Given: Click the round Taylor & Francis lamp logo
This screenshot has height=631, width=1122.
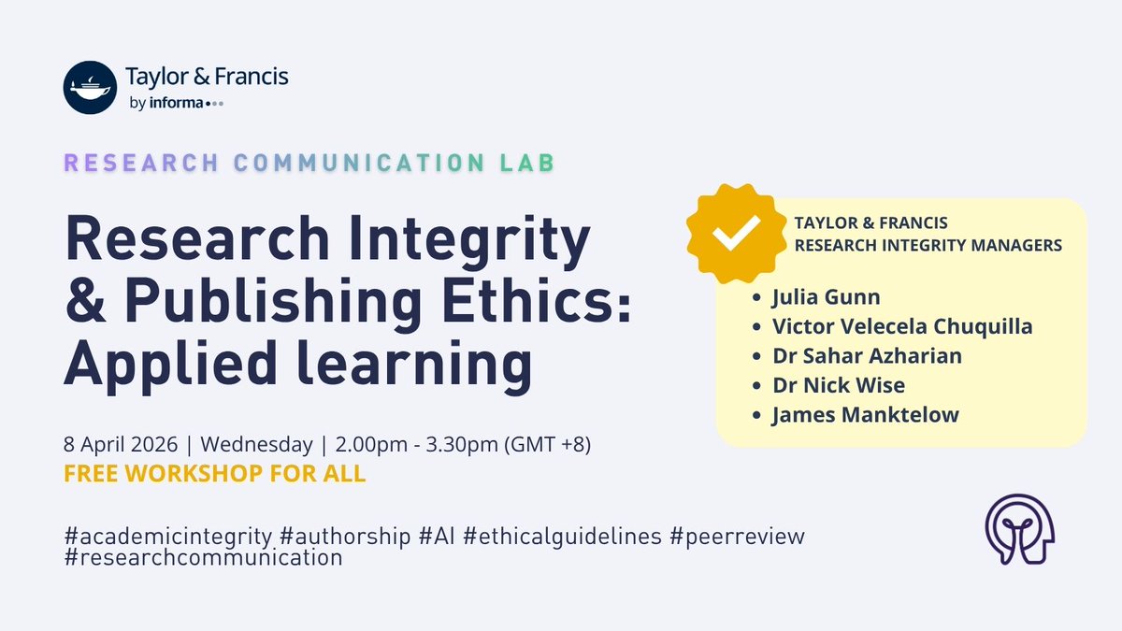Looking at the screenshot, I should click(89, 87).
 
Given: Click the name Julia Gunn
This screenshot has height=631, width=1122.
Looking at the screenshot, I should click(826, 298).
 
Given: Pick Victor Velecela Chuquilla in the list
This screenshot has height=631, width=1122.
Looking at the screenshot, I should click(902, 327).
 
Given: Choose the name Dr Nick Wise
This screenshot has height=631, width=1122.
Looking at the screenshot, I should click(839, 385).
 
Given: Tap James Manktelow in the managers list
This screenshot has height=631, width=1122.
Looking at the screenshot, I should click(865, 414).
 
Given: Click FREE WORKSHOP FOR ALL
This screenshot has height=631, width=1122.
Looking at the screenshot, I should click(214, 473).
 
